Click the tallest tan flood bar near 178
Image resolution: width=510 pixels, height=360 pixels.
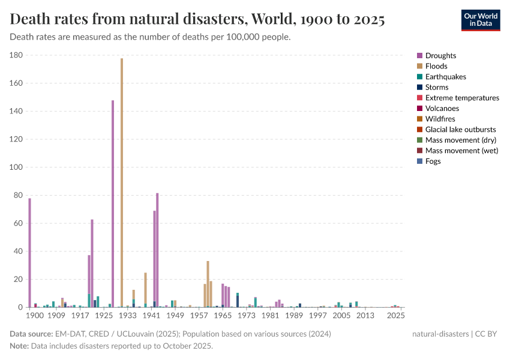click(x=122, y=180)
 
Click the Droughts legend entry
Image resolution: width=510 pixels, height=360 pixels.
click(x=440, y=56)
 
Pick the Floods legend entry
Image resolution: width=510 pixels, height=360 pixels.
click(x=436, y=67)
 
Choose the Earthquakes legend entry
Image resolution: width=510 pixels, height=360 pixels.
click(x=445, y=77)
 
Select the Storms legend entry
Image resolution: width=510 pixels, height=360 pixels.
click(x=436, y=88)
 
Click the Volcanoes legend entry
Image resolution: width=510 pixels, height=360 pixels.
click(x=442, y=109)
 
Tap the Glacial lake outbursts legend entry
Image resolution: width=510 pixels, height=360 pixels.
click(x=460, y=130)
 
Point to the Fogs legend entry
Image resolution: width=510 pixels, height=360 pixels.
click(x=433, y=161)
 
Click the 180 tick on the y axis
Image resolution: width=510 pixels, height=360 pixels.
click(x=16, y=55)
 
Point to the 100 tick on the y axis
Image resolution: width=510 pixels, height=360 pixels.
click(x=16, y=167)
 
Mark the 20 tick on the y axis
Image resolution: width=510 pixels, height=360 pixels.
click(x=18, y=280)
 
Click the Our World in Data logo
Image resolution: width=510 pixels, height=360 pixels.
click(x=480, y=19)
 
